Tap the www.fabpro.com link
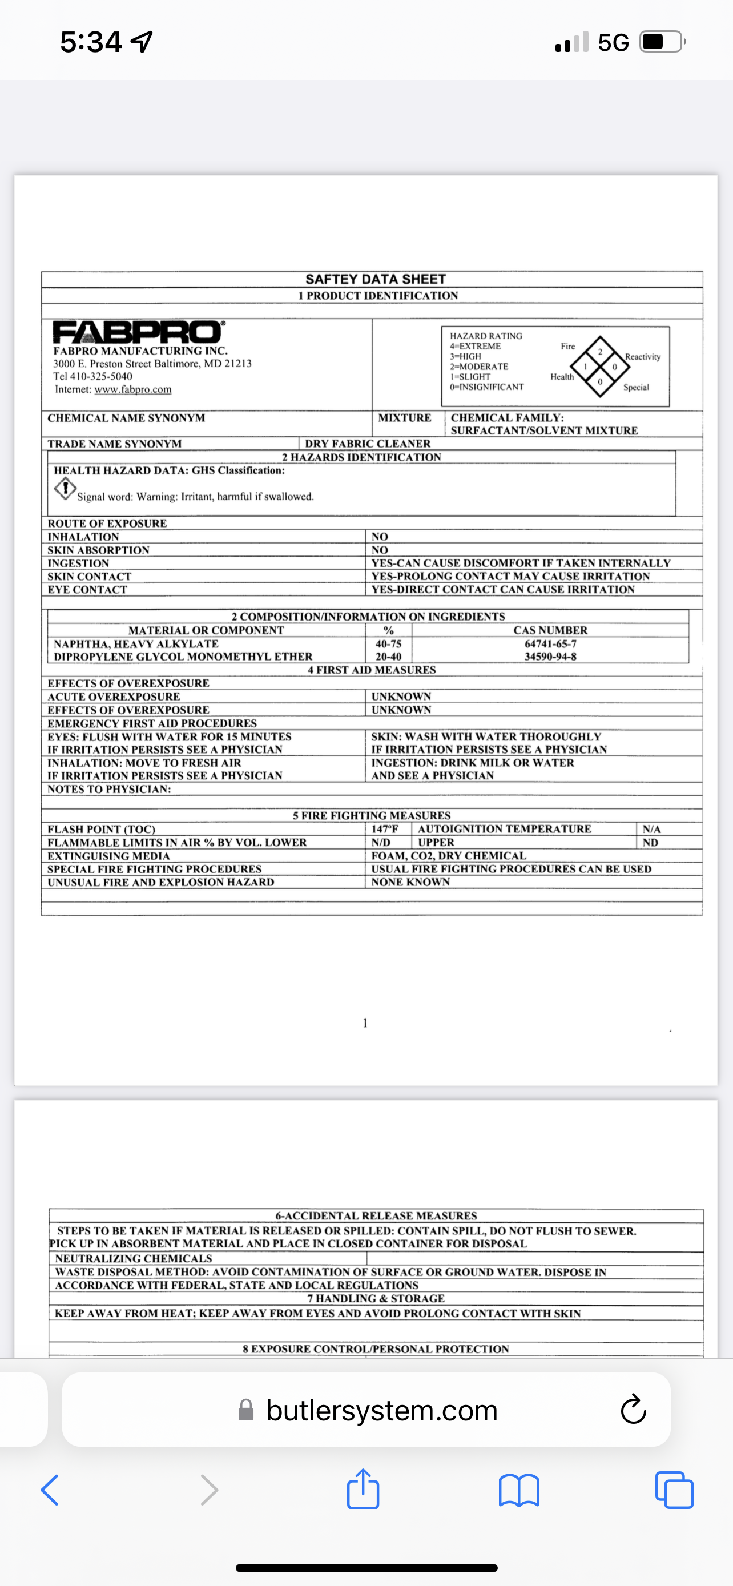tap(133, 390)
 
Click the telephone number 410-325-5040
tap(101, 376)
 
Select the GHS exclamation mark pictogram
tap(65, 489)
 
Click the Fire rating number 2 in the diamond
tap(600, 352)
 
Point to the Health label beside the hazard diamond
tap(562, 377)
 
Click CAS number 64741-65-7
tap(550, 643)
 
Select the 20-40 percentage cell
tap(388, 657)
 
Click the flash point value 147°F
tap(385, 829)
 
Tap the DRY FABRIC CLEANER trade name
tap(368, 443)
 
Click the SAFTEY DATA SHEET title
tap(376, 279)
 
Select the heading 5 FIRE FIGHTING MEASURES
tap(371, 815)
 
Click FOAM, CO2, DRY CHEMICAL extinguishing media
tap(449, 855)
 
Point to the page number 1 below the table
tap(365, 1023)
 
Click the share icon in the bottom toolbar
tap(363, 1490)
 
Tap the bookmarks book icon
tap(519, 1490)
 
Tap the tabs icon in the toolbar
tap(675, 1490)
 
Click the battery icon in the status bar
tap(662, 42)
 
